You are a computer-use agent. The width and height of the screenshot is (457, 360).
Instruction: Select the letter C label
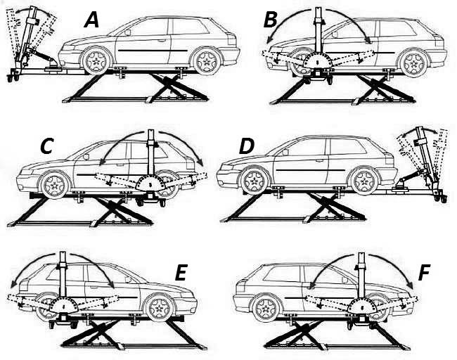pos(46,146)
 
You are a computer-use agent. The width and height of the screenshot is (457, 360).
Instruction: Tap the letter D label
pos(247,146)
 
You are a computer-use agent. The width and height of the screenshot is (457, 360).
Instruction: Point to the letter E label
pos(181,274)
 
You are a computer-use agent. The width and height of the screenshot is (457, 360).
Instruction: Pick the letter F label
pos(424,274)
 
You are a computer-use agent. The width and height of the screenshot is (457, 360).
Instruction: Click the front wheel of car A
pos(96,61)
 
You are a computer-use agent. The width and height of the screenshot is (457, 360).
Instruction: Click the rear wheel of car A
pos(207,61)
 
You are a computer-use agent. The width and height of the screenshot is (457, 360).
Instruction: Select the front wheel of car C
pos(55,185)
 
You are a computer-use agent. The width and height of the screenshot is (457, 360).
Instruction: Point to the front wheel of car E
pos(160,308)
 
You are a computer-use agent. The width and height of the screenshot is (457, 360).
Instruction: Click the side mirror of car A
pos(128,32)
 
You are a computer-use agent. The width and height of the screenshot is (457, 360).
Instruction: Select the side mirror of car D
pos(285,152)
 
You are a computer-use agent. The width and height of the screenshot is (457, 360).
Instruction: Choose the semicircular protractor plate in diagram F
pos(362,306)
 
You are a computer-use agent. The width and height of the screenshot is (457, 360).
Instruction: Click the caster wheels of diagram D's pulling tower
pos(440,198)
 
